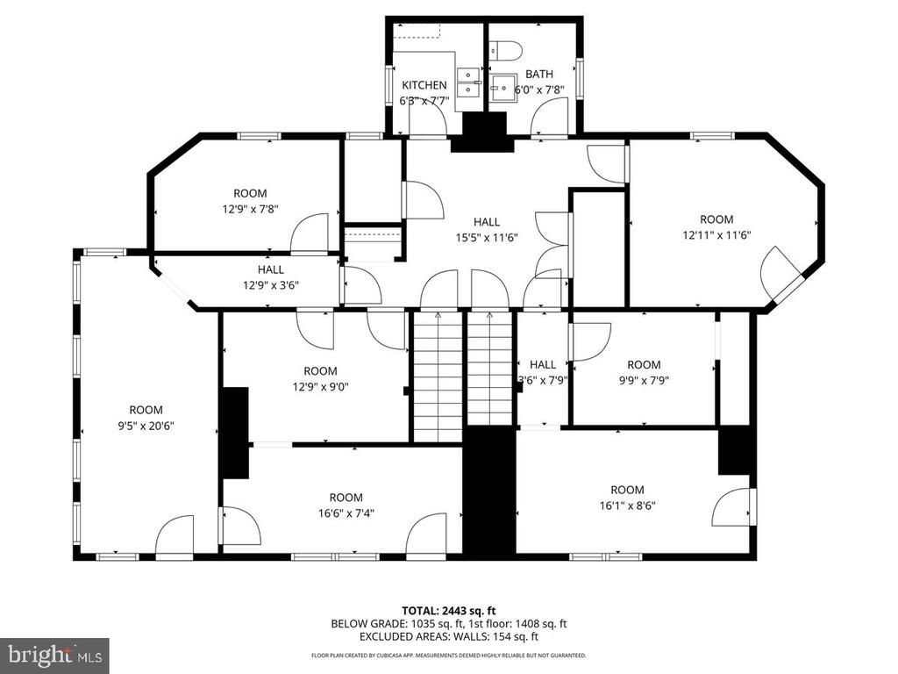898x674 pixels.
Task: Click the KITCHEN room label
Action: point(424,85)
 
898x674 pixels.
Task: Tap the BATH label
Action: point(539,74)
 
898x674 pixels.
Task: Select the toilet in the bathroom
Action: point(505,50)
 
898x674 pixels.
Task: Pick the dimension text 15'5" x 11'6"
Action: point(487,237)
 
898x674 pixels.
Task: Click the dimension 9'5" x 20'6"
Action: point(146,426)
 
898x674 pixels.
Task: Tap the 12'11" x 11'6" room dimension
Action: point(716,235)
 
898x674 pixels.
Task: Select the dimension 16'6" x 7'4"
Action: point(346,513)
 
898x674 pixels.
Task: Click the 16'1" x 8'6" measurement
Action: point(627,505)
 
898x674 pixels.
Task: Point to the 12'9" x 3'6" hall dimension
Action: point(271,285)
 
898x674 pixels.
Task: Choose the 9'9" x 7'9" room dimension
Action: point(644,380)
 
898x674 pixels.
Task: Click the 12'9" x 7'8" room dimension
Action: point(250,209)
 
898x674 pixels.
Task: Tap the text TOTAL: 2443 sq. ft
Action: point(448,611)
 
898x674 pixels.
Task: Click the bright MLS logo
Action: point(54,655)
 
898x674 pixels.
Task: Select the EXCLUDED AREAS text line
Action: point(449,636)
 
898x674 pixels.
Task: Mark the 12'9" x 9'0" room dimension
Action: point(321,387)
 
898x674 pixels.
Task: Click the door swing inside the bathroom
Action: point(549,117)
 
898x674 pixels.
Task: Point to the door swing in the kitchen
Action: point(428,120)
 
